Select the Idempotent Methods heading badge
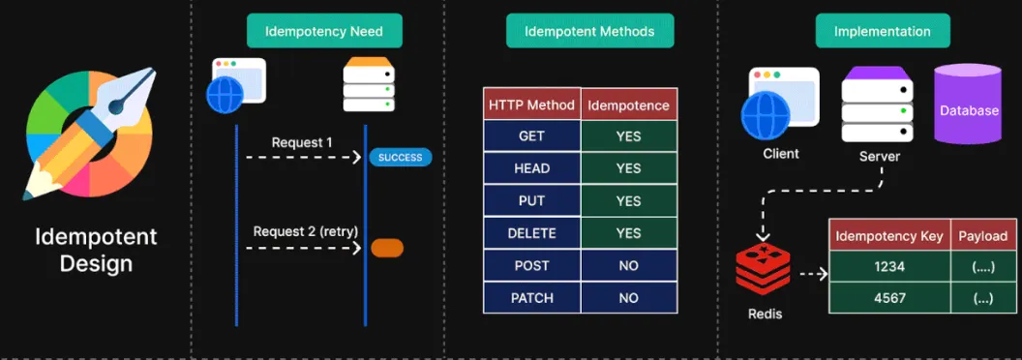coord(589,31)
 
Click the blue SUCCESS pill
coord(400,157)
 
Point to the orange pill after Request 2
coord(387,248)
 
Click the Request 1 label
coord(302,142)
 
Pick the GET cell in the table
coord(531,136)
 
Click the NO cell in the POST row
coord(628,265)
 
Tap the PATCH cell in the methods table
coord(531,298)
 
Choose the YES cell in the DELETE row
coord(628,233)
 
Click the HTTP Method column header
coord(531,105)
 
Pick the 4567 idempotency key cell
coord(888,298)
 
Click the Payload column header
coord(982,236)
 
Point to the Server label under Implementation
coord(879,156)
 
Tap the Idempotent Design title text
coord(96,250)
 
